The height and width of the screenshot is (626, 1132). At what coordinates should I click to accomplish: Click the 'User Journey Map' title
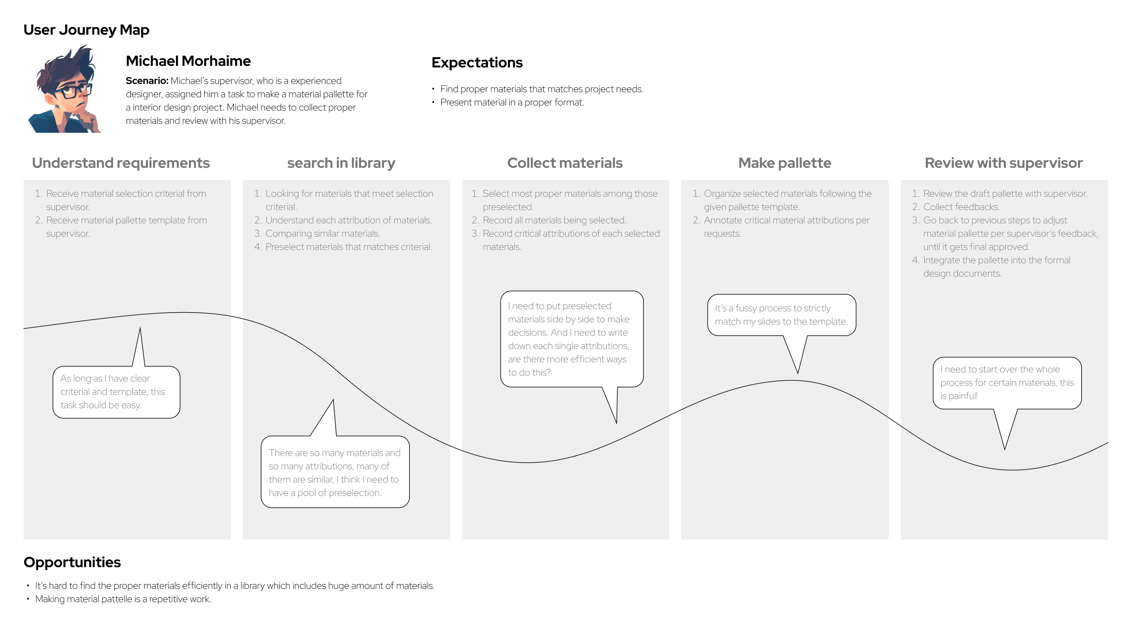(x=86, y=30)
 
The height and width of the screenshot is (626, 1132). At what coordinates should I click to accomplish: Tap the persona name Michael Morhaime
(x=188, y=61)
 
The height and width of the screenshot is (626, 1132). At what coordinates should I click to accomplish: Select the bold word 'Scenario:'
(x=147, y=81)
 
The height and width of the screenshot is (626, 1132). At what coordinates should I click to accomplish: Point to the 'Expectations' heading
(x=477, y=63)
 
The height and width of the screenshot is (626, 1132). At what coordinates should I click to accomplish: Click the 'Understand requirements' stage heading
(x=121, y=163)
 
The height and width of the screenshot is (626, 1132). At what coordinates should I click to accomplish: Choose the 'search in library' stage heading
(x=341, y=163)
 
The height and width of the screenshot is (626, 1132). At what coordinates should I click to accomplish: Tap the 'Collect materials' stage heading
(x=565, y=163)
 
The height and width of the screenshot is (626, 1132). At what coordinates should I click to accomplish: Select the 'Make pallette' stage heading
(x=784, y=163)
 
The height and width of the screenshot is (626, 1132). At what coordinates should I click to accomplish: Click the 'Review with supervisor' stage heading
(x=1004, y=163)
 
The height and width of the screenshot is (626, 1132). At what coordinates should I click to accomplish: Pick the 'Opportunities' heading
(x=72, y=562)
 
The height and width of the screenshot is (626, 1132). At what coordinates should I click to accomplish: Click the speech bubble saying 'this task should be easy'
(x=117, y=392)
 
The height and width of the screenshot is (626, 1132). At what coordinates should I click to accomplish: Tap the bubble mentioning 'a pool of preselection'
(x=335, y=472)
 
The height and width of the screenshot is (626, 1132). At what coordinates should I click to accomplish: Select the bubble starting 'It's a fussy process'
(x=781, y=315)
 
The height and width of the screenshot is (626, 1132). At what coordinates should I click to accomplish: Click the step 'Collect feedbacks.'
(x=961, y=207)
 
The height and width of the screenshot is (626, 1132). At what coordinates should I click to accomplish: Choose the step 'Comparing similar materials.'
(x=323, y=234)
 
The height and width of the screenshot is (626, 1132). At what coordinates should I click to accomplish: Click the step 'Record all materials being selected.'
(x=555, y=221)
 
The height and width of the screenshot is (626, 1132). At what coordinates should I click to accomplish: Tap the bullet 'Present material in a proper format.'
(x=512, y=103)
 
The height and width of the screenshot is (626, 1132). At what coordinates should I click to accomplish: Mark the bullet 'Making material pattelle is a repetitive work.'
(x=123, y=599)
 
